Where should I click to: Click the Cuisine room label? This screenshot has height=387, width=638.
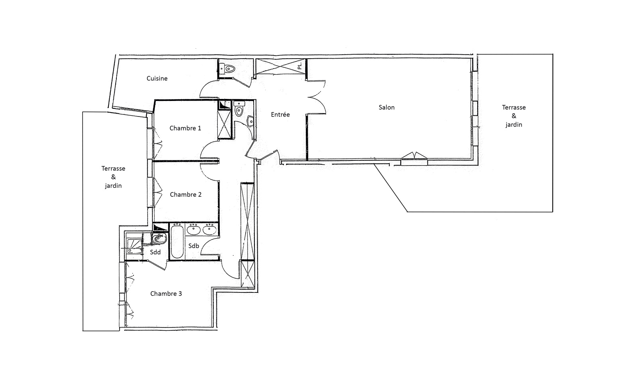click(x=157, y=78)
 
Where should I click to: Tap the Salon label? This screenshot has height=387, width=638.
click(x=386, y=107)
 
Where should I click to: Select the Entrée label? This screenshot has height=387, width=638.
click(x=280, y=115)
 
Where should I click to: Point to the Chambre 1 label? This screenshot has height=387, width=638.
click(x=185, y=128)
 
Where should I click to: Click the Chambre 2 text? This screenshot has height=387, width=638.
click(x=186, y=195)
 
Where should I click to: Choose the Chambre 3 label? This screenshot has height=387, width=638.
click(x=166, y=294)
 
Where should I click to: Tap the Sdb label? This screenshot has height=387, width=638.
click(x=194, y=246)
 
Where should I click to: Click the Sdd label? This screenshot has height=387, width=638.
click(x=155, y=252)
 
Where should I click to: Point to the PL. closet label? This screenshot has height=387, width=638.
click(x=299, y=66)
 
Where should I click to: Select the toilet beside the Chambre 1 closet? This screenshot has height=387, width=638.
click(x=239, y=109)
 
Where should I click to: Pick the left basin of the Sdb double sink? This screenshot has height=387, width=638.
click(x=194, y=230)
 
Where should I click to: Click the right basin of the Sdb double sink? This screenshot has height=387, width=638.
click(x=210, y=230)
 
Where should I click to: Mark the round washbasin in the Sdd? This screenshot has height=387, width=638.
click(x=159, y=238)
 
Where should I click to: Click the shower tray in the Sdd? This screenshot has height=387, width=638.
click(x=134, y=246)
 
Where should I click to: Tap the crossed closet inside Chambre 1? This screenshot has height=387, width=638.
click(x=224, y=124)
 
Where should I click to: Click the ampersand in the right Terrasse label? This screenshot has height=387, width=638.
click(x=514, y=116)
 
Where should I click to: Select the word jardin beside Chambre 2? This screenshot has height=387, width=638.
click(x=113, y=186)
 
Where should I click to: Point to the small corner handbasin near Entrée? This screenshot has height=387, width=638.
click(x=250, y=121)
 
